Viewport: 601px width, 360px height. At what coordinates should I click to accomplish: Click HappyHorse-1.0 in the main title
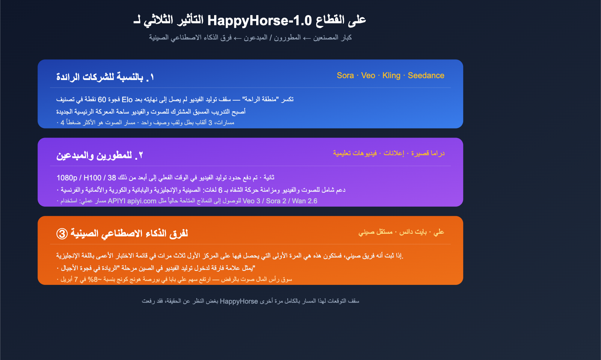click(x=260, y=20)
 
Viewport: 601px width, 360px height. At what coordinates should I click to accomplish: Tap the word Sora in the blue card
click(x=345, y=76)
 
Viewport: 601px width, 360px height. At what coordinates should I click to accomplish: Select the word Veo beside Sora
click(x=368, y=76)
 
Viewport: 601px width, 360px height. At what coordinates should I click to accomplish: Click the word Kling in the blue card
click(x=391, y=76)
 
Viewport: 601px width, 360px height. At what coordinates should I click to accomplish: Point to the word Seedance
click(x=426, y=76)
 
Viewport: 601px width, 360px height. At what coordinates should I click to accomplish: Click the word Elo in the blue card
click(x=127, y=100)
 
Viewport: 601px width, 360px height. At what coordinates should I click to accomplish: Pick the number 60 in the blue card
click(x=102, y=100)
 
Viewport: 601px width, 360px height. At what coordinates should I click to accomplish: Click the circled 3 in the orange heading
click(x=62, y=234)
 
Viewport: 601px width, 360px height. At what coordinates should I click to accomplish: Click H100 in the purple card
click(x=92, y=178)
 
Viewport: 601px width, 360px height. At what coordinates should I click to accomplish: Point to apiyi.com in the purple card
click(x=142, y=201)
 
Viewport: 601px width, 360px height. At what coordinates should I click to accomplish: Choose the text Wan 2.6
click(x=305, y=201)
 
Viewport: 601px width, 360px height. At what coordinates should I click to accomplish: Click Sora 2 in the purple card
click(x=276, y=201)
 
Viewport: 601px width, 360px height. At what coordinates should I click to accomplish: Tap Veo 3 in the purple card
click(x=251, y=201)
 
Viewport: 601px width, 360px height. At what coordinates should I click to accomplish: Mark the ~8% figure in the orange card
click(x=93, y=279)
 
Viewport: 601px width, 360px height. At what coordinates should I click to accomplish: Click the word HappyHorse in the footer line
click(x=239, y=301)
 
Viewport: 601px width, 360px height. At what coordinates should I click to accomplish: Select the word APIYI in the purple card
click(x=116, y=201)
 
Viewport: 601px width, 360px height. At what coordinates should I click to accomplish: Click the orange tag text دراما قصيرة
click(x=428, y=153)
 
